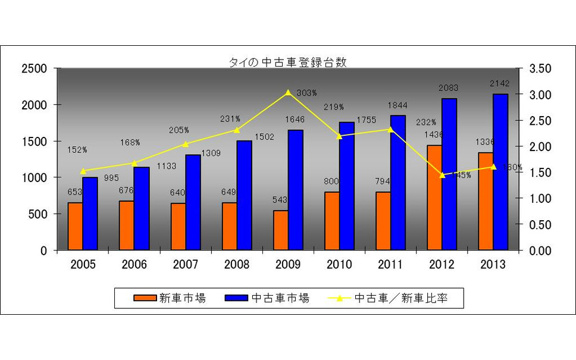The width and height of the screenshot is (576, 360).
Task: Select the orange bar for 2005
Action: pos(76,227)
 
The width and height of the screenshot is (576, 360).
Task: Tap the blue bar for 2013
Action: pos(500,172)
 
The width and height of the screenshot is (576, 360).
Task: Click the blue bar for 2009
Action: pos(295,190)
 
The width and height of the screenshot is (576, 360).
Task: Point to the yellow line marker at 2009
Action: pos(288,92)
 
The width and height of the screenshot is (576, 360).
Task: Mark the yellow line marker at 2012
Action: pos(442,175)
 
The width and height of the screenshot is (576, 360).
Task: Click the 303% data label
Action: pos(307,93)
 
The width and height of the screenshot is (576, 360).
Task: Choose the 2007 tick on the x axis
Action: pos(185,265)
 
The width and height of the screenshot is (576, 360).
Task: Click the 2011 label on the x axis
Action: pos(390,265)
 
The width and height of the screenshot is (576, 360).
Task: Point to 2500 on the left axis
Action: pos(34,68)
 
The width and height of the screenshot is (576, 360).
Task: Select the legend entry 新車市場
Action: pos(170,298)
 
